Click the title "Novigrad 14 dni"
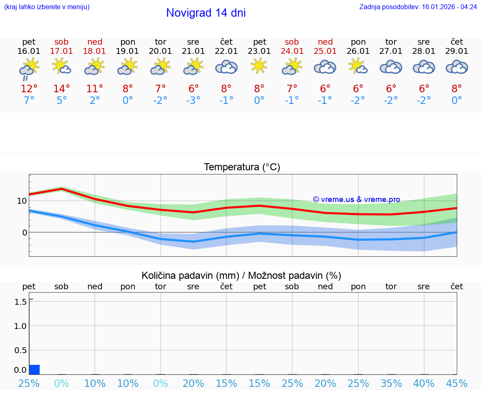206,13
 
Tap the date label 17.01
61,51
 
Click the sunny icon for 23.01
259,66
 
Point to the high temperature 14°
61,88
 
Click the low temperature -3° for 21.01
193,101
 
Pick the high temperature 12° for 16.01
29,88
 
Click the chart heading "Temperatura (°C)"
242,167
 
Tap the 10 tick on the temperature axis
22,201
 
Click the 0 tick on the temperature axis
24,232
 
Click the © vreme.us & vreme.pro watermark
356,200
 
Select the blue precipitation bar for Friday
35,369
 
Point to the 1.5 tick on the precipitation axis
21,302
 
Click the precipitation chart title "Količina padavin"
190,276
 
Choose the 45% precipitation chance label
457,383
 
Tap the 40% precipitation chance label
424,383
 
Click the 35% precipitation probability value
391,383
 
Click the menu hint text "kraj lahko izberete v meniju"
47,7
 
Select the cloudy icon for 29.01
457,67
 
